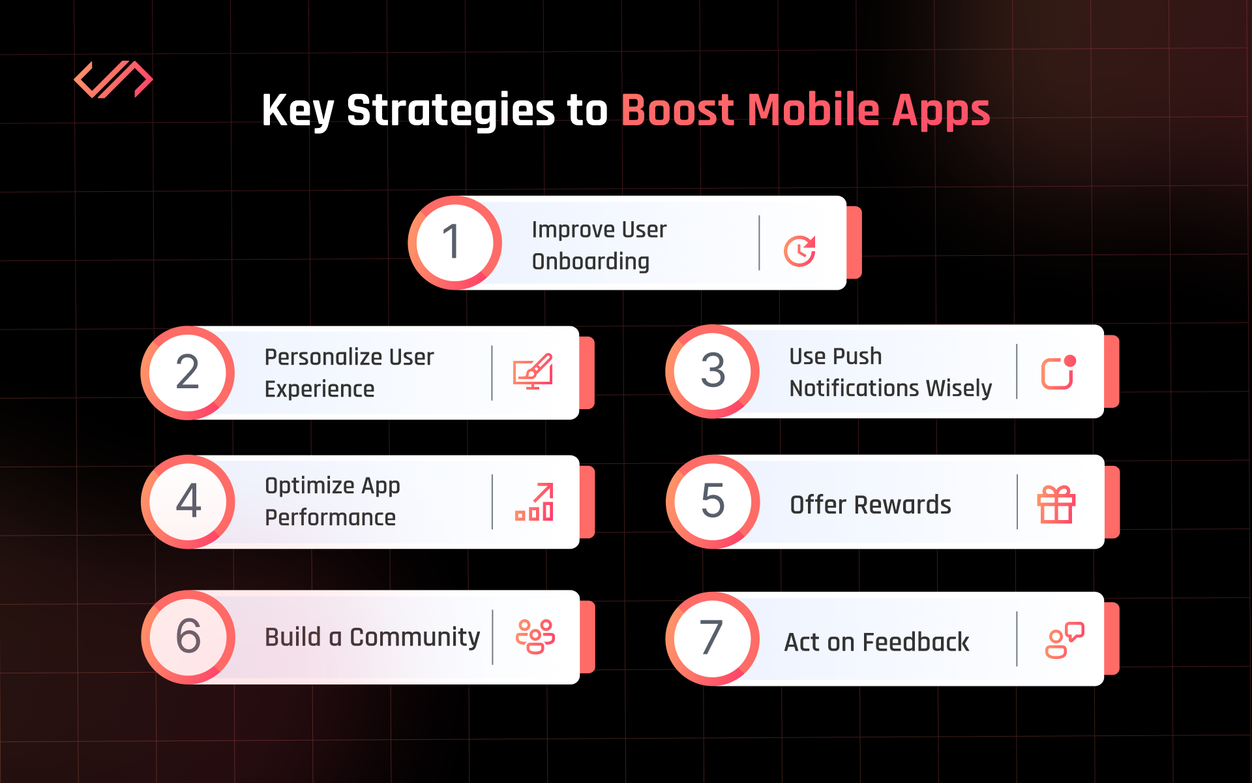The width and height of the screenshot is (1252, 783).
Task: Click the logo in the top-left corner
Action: point(113,80)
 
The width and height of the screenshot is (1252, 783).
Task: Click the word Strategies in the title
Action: point(451,111)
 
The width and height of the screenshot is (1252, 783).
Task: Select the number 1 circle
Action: point(455,243)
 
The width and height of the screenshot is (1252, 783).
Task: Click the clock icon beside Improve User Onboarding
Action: point(799,251)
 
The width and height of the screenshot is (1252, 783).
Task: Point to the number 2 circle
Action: point(188,373)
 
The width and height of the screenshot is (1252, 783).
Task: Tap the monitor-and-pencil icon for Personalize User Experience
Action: point(533,371)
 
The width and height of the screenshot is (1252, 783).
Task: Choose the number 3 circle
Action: point(712,371)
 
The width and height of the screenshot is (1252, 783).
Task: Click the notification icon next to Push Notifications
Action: point(1058,373)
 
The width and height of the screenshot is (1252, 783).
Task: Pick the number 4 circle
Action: point(188,502)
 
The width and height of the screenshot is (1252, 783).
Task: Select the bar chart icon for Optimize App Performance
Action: point(535,502)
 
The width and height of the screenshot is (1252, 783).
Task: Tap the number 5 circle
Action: point(713,502)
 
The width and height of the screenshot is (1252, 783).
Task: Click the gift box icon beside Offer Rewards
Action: point(1056,504)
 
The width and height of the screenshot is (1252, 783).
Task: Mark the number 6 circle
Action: point(188,637)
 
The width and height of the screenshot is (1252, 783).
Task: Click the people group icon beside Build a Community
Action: point(535,636)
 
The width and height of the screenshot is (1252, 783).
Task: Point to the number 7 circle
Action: point(712,639)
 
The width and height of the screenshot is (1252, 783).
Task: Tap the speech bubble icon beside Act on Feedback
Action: point(1064,640)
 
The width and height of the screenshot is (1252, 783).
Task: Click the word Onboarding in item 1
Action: point(591,262)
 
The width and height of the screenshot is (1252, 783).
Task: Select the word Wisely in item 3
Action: point(959,388)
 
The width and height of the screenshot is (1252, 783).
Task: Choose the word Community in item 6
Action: point(415,637)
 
